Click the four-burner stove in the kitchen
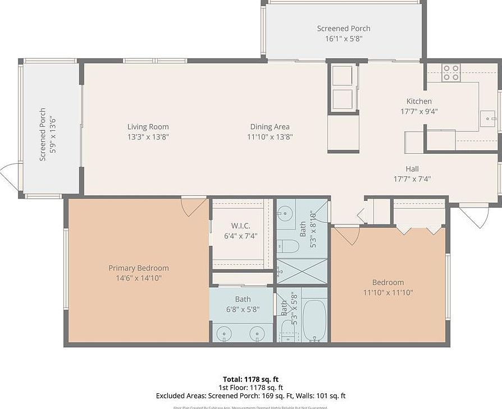pos(450,72)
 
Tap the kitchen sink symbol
pos(488,119)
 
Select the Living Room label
pos(148,127)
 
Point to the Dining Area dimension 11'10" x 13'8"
pos(270,136)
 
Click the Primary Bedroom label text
pos(138,268)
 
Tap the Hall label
pos(412,169)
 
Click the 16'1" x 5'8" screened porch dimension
pos(344,39)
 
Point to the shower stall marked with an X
pos(302,271)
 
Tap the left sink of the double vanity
pos(225,334)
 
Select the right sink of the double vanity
pos(258,334)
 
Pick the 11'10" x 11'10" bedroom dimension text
pos(388,292)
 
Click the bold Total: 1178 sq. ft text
pos(250,379)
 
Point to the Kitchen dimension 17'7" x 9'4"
pos(419,111)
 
